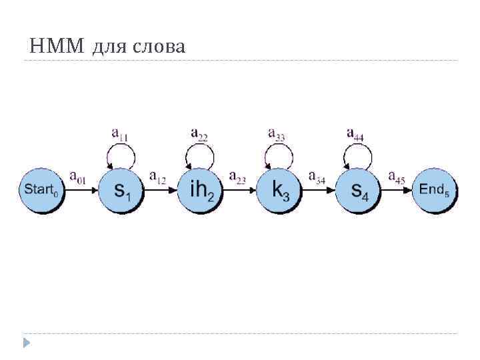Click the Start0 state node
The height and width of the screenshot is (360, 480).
[x=41, y=189]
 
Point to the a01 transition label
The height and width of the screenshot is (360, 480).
[x=77, y=177]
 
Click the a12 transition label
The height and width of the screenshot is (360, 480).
[x=158, y=177]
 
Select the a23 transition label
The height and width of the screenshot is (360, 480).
[x=237, y=177]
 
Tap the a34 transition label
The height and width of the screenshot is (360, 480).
[x=317, y=177]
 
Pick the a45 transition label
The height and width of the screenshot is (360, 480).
[x=396, y=177]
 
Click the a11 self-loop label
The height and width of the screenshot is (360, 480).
[x=120, y=134]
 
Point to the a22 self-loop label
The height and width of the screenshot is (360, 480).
[x=199, y=133]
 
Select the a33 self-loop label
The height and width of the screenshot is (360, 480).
[x=277, y=133]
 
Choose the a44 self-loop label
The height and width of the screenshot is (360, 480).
[x=355, y=133]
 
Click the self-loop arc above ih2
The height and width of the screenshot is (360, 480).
[x=200, y=148]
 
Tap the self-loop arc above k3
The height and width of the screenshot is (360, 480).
[x=279, y=148]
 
